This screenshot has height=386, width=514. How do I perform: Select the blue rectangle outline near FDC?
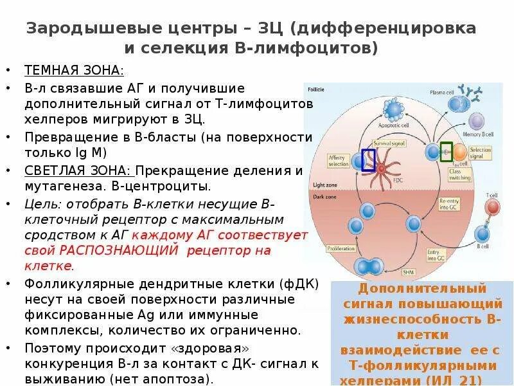[x=369, y=160]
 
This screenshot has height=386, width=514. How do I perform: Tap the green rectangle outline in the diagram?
[x=447, y=152]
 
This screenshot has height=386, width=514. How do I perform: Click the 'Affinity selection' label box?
[x=337, y=161]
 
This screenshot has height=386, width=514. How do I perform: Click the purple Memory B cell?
[x=477, y=122]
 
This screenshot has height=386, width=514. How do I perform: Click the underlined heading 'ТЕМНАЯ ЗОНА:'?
[x=74, y=70]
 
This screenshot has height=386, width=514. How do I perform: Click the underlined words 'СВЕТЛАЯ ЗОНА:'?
[x=77, y=170]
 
